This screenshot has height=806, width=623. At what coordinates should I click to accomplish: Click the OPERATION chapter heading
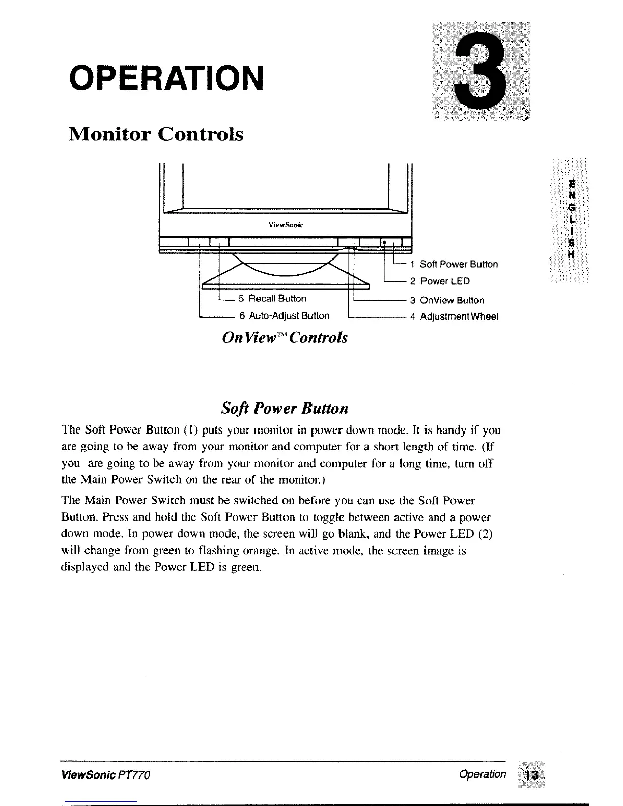167,76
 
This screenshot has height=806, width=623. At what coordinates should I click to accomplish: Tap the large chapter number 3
480,71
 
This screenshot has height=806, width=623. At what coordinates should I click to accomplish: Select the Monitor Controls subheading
156,134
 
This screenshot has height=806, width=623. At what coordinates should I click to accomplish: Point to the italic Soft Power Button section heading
285,409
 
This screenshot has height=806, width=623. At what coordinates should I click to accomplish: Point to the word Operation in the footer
483,774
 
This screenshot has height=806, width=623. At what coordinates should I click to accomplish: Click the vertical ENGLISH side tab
572,219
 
